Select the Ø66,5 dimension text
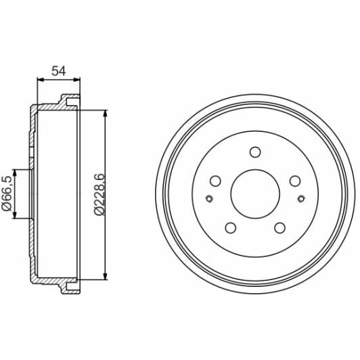click(x=7, y=195)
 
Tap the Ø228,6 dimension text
click(x=99, y=194)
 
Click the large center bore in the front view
click(x=254, y=192)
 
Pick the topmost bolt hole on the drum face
click(x=255, y=152)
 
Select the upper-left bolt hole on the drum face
click(x=216, y=181)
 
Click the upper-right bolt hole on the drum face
click(x=294, y=181)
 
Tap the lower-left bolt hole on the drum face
click(x=231, y=227)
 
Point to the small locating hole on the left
click(x=208, y=198)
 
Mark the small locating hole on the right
click(x=301, y=198)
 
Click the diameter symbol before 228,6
click(x=99, y=212)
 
